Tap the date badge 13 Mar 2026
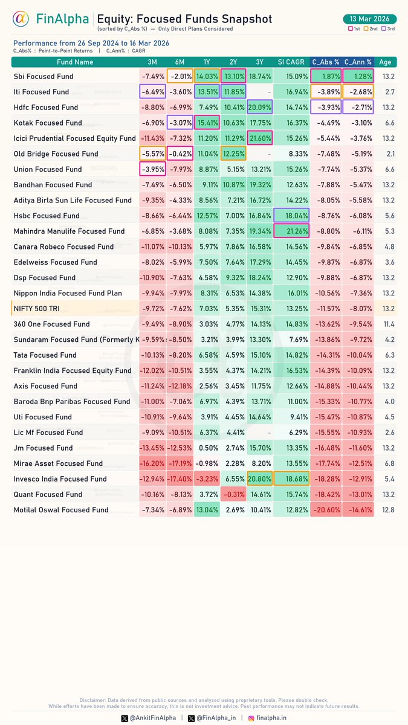[369, 19]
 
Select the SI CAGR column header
[291, 62]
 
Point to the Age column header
[385, 62]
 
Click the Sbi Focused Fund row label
[44, 77]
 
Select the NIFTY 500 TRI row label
[37, 309]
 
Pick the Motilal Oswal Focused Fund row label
[61, 510]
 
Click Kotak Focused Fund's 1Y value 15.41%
[206, 123]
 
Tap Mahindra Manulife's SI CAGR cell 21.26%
[291, 231]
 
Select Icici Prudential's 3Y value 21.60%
[259, 138]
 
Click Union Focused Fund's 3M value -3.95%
[152, 169]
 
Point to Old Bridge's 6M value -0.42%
[180, 154]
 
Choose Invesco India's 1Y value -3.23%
[206, 479]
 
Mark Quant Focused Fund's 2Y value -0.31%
[233, 494]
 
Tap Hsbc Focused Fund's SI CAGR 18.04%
[291, 216]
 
